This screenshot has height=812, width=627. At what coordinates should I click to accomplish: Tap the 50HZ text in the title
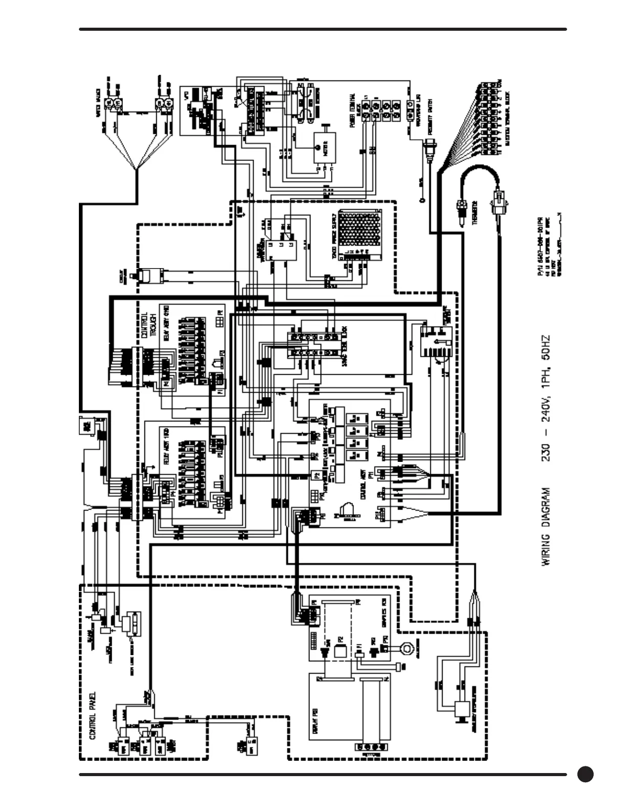click(546, 347)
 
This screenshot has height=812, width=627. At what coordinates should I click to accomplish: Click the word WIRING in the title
click(546, 549)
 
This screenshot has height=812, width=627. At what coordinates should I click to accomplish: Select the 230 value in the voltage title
click(546, 451)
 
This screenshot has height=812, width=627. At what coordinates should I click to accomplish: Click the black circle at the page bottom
click(586, 775)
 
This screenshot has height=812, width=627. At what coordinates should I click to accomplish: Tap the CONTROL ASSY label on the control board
click(363, 486)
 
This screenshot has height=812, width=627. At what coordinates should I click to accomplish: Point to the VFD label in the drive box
click(186, 95)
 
